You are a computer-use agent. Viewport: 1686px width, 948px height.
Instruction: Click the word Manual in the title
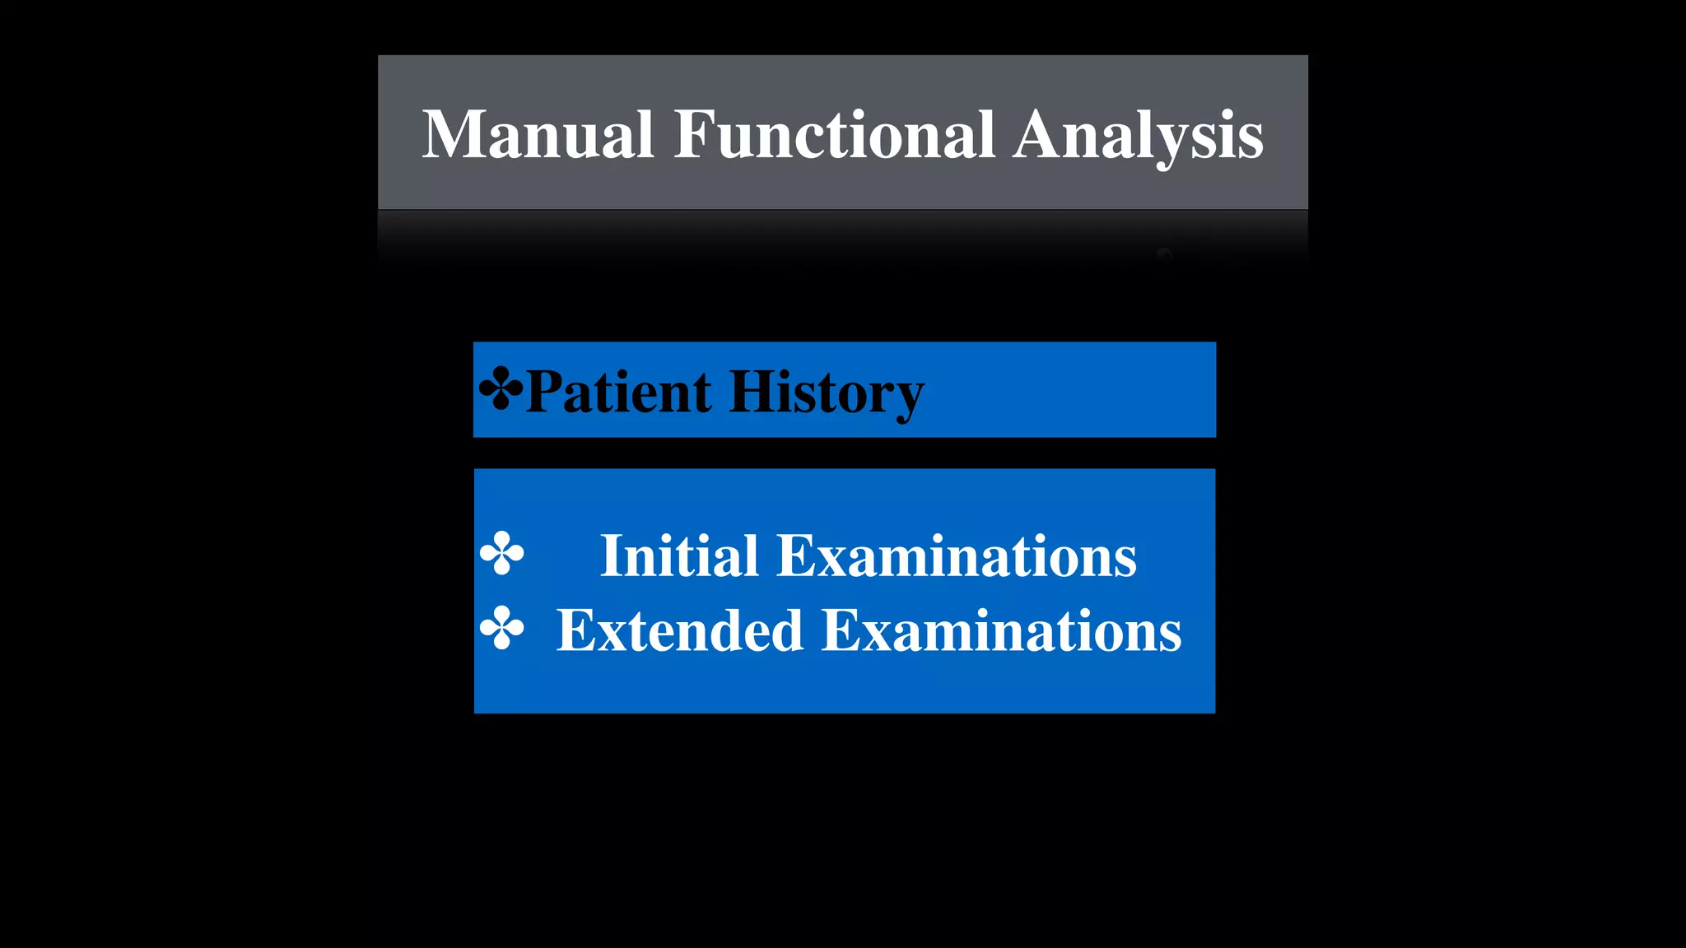[x=538, y=134]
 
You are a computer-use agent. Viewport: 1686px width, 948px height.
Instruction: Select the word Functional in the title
[x=834, y=134]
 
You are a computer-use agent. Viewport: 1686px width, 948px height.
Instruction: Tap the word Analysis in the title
[x=1138, y=136]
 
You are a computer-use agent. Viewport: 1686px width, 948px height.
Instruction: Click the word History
[x=826, y=393]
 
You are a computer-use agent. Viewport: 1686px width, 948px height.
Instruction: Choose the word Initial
[x=679, y=556]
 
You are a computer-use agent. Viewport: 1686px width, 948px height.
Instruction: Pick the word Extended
[x=679, y=631]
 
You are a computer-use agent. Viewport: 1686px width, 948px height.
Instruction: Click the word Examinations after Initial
[x=957, y=556]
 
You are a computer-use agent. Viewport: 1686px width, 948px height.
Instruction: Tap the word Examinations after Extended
[x=1002, y=631]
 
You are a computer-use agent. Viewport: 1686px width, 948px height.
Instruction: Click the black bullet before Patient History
[x=501, y=388]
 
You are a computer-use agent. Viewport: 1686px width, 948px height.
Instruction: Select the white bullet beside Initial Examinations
[x=501, y=553]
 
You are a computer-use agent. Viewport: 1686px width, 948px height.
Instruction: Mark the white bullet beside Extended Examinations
[x=501, y=628]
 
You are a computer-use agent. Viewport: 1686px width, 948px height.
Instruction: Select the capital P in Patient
[x=544, y=392]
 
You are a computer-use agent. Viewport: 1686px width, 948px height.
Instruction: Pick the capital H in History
[x=748, y=392]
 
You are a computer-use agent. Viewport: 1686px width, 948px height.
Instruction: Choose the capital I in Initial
[x=611, y=556]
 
